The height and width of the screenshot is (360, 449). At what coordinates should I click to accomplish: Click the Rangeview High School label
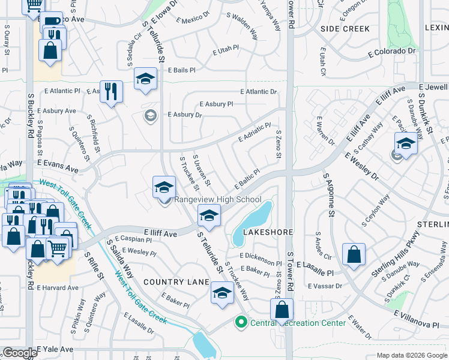pos(217,200)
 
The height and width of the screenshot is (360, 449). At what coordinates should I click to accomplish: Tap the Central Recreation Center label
pos(298,323)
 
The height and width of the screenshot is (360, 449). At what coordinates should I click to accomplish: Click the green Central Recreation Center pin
pos(241,323)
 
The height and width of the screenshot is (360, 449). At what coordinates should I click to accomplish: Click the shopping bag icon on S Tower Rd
pos(282,310)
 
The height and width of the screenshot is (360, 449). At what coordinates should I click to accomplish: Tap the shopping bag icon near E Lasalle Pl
pos(354,254)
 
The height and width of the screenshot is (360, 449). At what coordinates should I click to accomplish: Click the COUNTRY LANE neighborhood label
pos(176,282)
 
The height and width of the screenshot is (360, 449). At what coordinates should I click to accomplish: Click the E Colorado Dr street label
pos(391,52)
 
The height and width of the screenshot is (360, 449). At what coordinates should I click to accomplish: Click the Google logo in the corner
pos(19,353)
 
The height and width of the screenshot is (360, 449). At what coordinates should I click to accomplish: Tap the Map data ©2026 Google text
pos(411,355)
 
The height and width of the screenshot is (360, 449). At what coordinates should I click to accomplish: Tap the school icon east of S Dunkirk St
pos(406,145)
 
